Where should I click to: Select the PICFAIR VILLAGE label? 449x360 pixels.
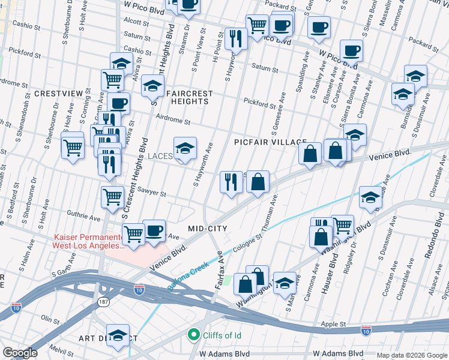click(270, 142)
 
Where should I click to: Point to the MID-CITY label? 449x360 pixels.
click(207, 229)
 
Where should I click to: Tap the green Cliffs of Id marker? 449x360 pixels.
click(194, 334)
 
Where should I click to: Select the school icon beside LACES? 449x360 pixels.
click(185, 149)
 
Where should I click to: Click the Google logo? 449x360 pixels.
click(20, 353)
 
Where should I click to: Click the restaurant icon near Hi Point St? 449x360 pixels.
click(236, 39)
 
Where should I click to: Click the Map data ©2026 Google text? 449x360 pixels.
click(411, 355)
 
